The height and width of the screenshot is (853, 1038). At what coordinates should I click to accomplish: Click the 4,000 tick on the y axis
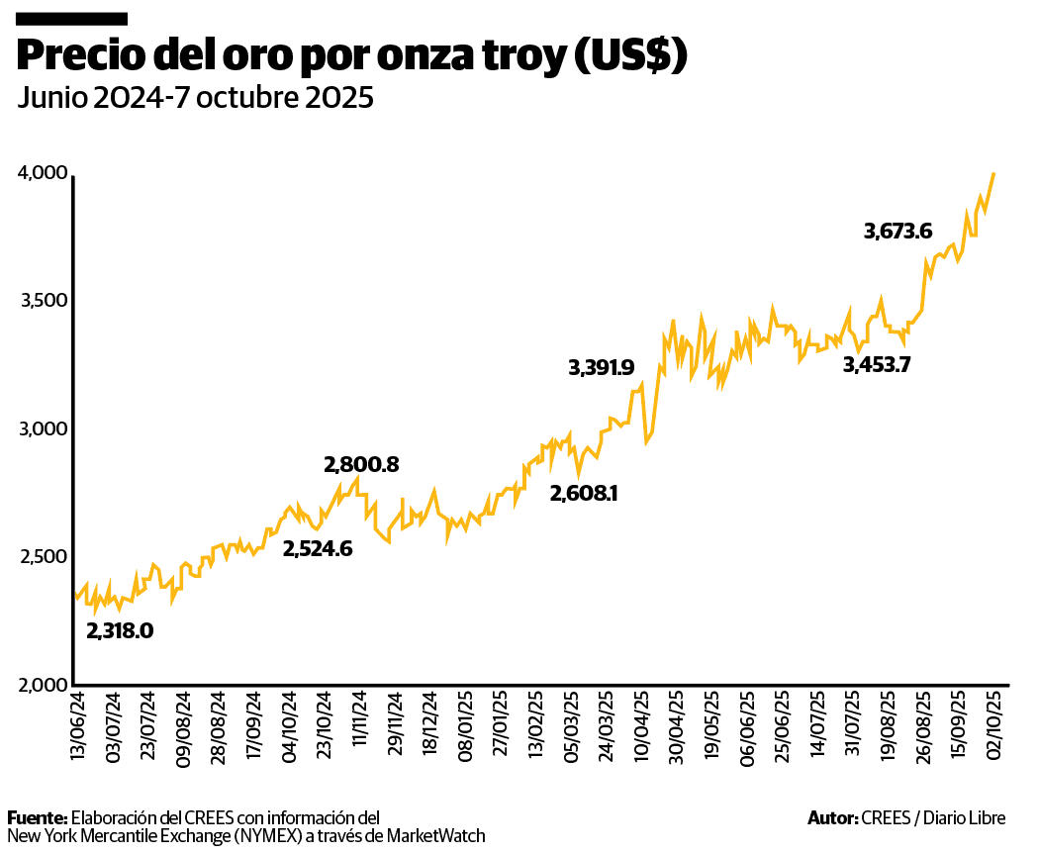tap(42, 174)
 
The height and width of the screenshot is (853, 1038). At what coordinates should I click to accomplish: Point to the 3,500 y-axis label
tap(42, 301)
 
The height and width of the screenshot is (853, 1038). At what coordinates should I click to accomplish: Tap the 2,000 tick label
tap(42, 685)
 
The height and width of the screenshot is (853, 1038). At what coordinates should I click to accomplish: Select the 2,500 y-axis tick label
tap(42, 557)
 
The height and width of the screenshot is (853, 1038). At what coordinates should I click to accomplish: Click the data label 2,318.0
tap(120, 630)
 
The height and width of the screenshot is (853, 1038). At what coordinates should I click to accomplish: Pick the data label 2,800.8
tap(361, 464)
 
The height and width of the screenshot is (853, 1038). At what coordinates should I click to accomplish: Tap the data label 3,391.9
tap(601, 368)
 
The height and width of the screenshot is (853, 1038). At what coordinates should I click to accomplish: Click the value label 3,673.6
tap(897, 232)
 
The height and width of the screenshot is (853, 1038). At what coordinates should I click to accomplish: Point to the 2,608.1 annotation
tap(584, 492)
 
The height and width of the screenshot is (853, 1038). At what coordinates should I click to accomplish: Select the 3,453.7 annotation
tap(877, 364)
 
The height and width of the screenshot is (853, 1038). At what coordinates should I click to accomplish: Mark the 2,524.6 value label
tap(318, 548)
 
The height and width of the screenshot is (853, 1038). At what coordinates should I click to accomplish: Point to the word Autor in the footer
tap(831, 817)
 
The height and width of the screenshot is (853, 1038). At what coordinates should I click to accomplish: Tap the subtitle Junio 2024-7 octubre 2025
tap(195, 98)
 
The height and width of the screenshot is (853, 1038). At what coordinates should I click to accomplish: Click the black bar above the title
tap(72, 18)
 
